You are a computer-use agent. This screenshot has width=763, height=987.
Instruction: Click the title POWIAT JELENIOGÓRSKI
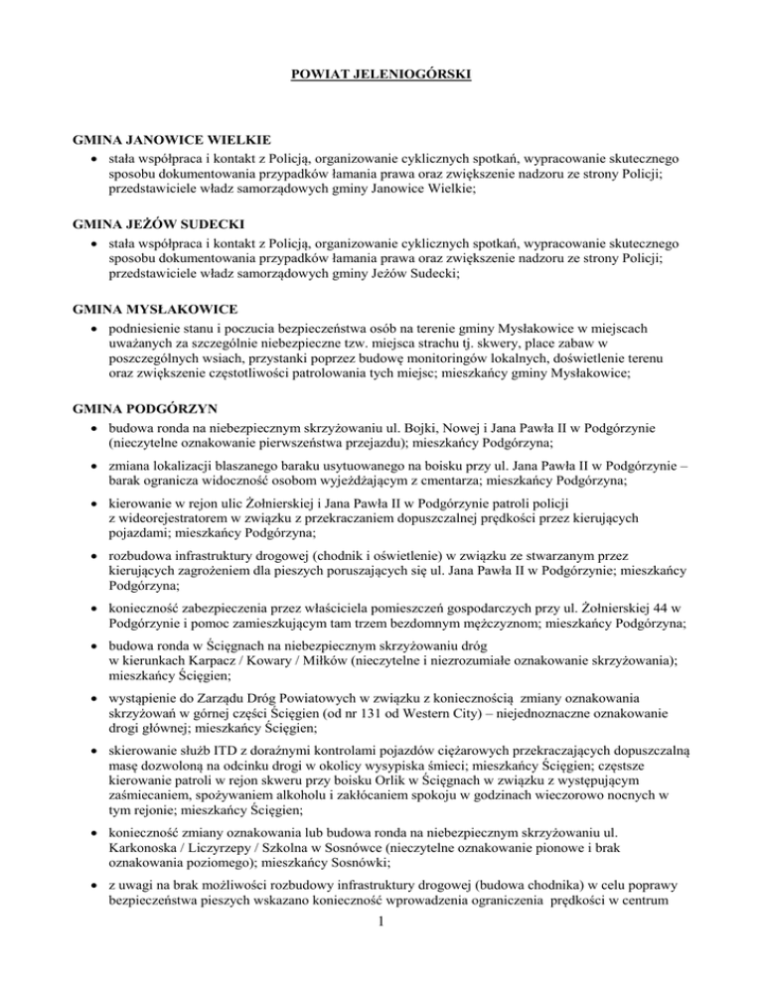pos(381,74)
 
